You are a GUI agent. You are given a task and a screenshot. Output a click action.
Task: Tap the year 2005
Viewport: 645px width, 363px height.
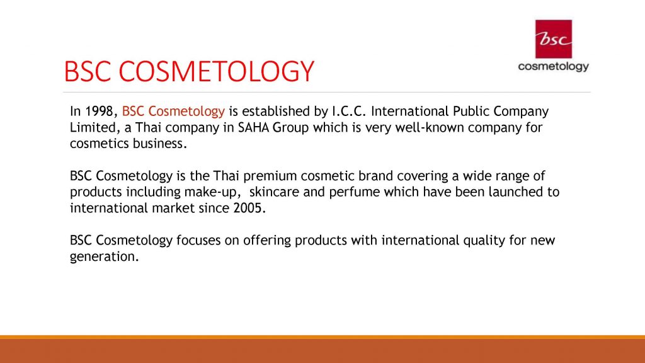point(249,208)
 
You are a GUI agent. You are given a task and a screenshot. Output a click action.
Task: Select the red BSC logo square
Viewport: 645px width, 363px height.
point(553,39)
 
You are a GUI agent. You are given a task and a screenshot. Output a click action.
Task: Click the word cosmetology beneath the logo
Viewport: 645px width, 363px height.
point(553,67)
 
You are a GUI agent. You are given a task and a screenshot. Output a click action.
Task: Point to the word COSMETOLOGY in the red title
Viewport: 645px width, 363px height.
point(217,71)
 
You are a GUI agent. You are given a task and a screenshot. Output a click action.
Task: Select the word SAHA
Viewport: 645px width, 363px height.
point(253,127)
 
